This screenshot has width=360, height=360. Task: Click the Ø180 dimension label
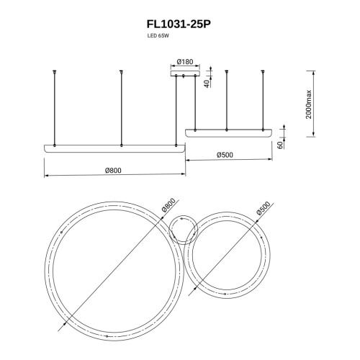[183, 63]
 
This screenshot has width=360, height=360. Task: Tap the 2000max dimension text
[308, 106]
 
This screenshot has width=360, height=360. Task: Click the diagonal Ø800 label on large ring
[166, 206]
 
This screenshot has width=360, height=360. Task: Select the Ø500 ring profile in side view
[229, 132]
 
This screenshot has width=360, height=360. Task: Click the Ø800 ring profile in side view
[114, 148]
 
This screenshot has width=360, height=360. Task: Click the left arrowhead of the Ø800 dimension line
[47, 176]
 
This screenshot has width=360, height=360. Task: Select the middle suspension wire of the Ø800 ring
[121, 108]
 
